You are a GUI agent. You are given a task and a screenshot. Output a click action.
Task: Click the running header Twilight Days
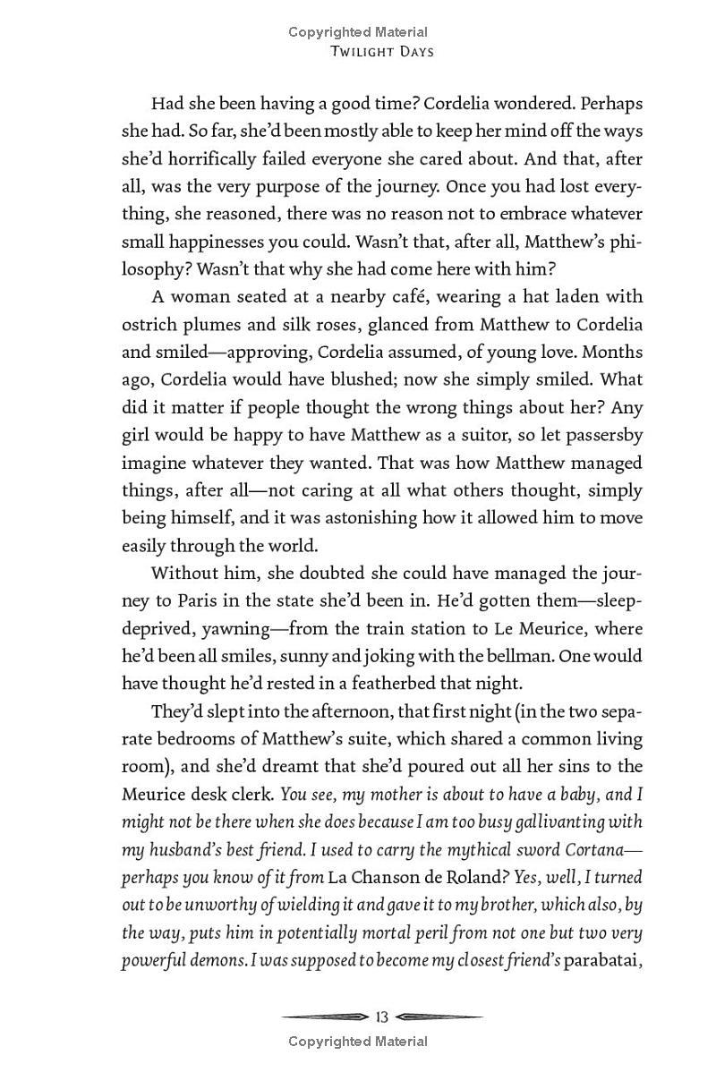[382, 51]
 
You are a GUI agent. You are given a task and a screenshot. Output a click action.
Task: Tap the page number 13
[382, 1017]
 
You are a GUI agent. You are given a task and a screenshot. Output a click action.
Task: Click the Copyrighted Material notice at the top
[358, 32]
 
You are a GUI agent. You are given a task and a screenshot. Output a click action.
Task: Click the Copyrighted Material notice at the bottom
[358, 1041]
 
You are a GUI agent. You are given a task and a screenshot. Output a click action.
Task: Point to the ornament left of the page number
[326, 1017]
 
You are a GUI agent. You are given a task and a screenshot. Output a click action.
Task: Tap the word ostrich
[147, 325]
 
